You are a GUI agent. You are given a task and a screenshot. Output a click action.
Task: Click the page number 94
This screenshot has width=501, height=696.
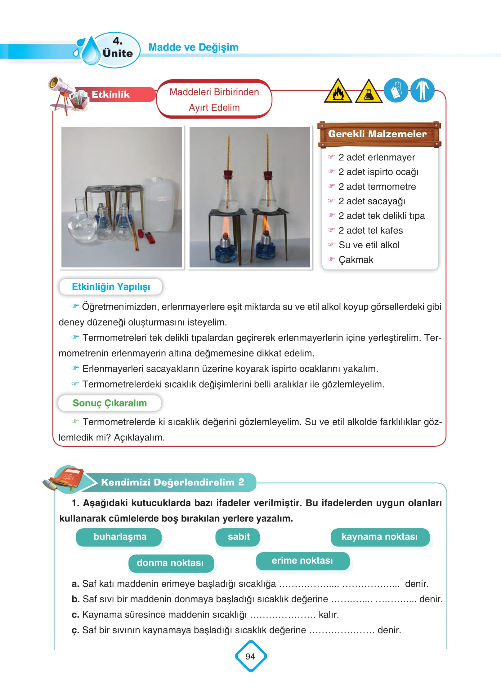click(250, 656)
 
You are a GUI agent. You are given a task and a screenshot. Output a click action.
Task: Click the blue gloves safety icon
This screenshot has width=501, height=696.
click(396, 90)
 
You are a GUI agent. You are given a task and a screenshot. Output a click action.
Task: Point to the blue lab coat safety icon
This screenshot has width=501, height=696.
click(422, 90)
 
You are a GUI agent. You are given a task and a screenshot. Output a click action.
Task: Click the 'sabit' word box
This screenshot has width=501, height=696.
click(238, 537)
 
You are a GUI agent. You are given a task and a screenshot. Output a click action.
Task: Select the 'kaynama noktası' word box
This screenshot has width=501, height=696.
click(379, 537)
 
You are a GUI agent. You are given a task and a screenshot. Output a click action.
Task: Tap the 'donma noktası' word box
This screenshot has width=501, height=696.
click(170, 563)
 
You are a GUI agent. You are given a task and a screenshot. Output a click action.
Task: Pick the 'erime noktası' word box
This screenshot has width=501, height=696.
click(302, 561)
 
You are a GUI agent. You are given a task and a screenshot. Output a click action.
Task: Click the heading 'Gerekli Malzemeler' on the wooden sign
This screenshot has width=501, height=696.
click(378, 134)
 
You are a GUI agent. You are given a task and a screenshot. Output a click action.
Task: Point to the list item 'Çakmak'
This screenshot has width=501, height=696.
click(356, 259)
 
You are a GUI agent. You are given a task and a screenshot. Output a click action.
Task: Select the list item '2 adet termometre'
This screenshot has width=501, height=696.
click(377, 186)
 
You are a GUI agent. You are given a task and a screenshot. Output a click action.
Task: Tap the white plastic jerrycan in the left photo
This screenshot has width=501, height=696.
click(162, 205)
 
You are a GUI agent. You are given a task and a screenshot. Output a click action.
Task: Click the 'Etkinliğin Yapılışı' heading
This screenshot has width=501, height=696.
click(111, 286)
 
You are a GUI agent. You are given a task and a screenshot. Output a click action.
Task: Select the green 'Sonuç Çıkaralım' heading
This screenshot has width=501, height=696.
click(110, 403)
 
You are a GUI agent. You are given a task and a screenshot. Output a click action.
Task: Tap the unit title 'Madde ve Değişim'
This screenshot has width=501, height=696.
click(194, 47)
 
